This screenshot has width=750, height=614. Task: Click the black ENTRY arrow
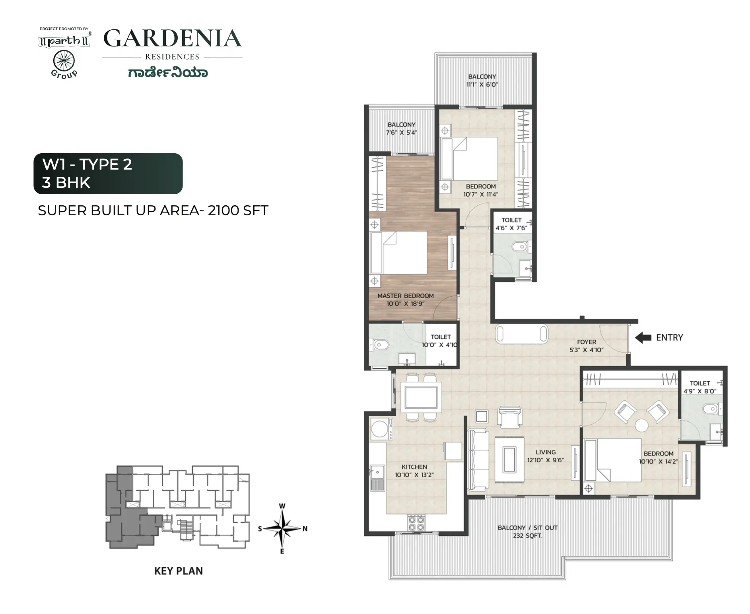tap(643, 338)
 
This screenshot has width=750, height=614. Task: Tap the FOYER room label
tap(587, 342)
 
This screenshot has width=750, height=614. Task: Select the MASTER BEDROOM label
tap(405, 296)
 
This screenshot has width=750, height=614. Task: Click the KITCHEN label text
tap(414, 467)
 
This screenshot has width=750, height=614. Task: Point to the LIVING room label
tap(546, 452)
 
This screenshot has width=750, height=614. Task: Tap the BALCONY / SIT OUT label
tap(527, 528)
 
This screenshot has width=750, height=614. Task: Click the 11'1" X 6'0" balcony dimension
tap(482, 85)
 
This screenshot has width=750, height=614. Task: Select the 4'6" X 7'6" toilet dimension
tap(511, 228)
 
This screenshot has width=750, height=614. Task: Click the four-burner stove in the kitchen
tap(416, 522)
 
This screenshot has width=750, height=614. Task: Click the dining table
tap(421, 397)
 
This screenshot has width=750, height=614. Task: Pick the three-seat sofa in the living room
tap(478, 460)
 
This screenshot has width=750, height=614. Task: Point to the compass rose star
tap(282, 529)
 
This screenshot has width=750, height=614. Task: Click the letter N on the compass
tap(305, 529)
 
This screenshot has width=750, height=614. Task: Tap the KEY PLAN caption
tap(179, 571)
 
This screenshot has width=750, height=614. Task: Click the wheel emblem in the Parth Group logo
tap(64, 62)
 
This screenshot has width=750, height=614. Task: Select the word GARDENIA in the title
tap(173, 39)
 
